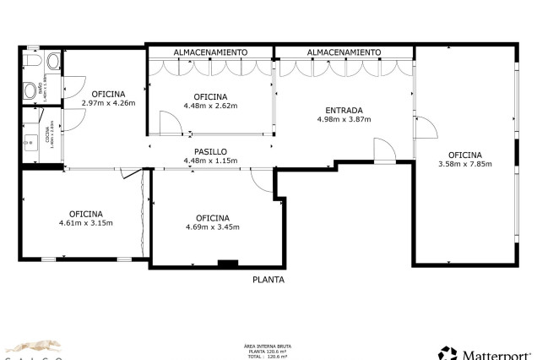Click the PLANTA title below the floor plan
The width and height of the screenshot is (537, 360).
pos(268,280)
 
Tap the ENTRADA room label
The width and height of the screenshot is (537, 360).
pos(344,110)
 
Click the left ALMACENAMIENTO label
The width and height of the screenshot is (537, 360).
pos(211,52)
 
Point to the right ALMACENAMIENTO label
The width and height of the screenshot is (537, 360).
pos(344,52)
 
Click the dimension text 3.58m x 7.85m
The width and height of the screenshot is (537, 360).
pos(464,164)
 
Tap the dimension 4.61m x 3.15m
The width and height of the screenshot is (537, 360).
pos(86,223)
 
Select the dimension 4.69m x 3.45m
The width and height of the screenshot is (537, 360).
pos(213,226)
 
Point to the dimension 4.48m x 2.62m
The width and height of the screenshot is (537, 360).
pos(211,106)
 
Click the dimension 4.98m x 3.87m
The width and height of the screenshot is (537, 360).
pos(344,119)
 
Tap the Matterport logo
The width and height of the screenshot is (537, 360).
pos(485,353)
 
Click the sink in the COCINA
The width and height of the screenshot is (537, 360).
pos(30,138)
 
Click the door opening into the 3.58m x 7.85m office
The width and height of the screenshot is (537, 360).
pos(425,129)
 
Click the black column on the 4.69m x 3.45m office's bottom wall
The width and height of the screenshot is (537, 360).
pos(228,264)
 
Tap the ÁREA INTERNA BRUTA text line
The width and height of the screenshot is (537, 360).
pos(268,346)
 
